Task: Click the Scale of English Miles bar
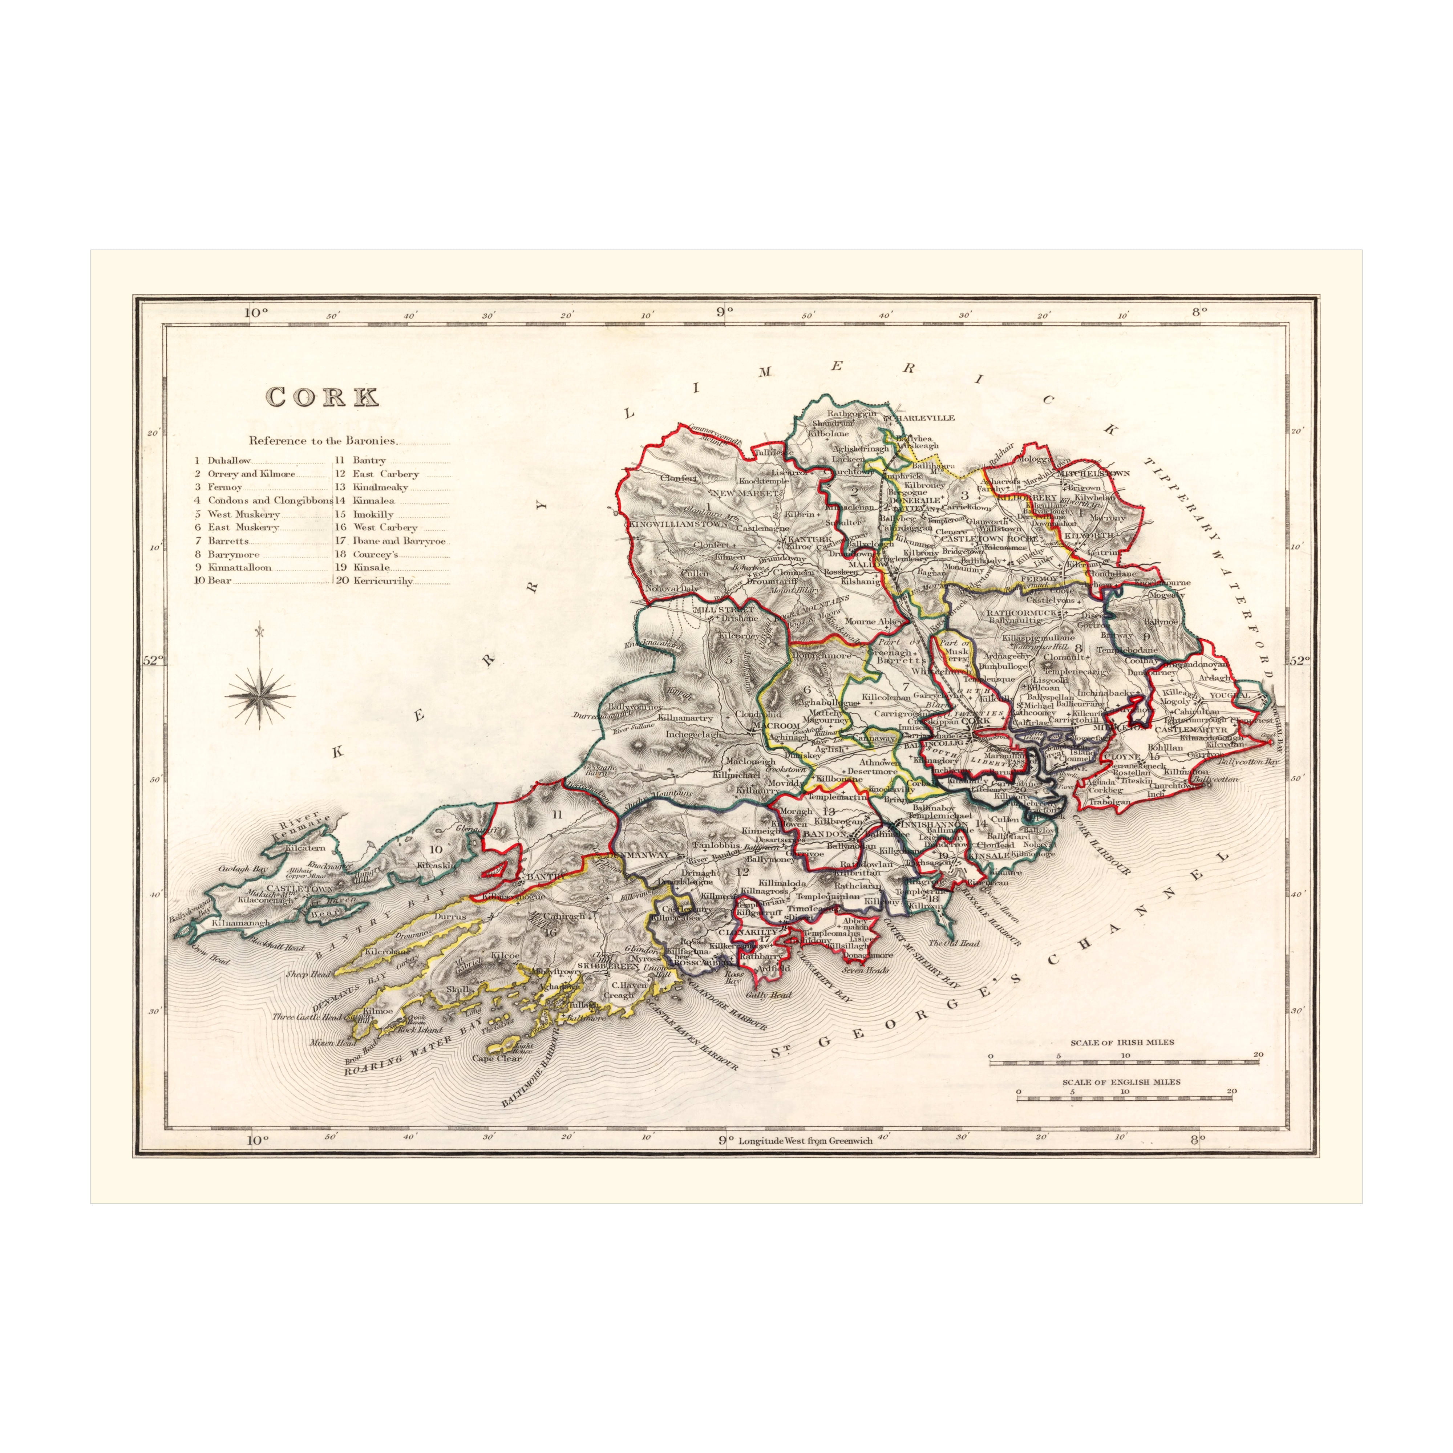[x=1124, y=1099]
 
